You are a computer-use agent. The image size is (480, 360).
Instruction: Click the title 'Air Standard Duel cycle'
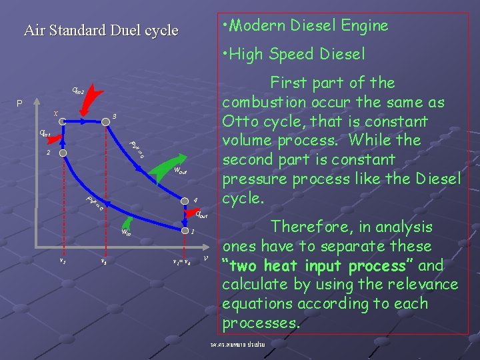[101, 30]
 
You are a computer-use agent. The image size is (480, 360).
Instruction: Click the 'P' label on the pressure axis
[21, 104]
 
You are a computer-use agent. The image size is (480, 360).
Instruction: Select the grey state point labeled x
[62, 121]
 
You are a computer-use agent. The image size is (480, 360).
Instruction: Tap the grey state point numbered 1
[182, 231]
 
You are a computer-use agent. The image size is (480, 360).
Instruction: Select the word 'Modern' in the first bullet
[261, 26]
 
